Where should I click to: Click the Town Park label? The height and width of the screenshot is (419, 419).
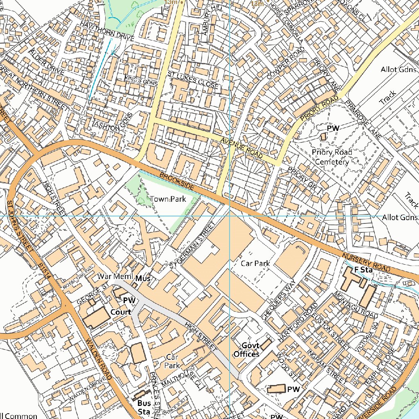168,199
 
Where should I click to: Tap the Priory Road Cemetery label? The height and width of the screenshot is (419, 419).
331,157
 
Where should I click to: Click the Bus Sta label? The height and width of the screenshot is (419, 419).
144,408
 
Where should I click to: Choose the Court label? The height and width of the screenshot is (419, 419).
121,312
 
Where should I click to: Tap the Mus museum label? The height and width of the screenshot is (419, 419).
143,279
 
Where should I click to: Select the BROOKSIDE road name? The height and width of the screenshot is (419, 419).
176,180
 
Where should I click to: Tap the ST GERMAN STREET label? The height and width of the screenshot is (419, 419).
192,246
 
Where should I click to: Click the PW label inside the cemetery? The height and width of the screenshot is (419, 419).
333,128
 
